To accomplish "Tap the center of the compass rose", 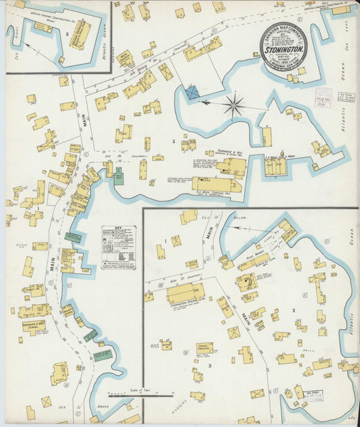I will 233,107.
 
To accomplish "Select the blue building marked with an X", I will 192,93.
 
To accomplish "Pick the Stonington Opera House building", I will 185,292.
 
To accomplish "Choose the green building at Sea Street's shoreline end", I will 118,177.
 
